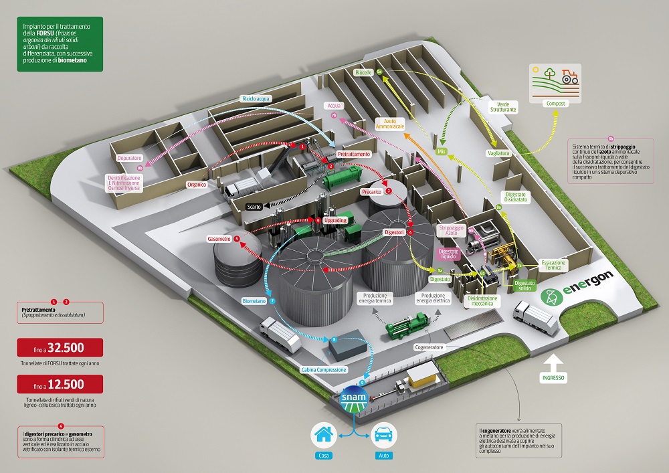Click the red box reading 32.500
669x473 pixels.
[61, 348]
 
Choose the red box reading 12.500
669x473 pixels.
[61, 384]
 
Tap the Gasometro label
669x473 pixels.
[219, 239]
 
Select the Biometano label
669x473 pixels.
[255, 302]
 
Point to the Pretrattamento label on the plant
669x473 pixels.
[353, 154]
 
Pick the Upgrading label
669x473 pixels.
[334, 219]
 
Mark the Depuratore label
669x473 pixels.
[129, 158]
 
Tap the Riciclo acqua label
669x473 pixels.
[256, 98]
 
